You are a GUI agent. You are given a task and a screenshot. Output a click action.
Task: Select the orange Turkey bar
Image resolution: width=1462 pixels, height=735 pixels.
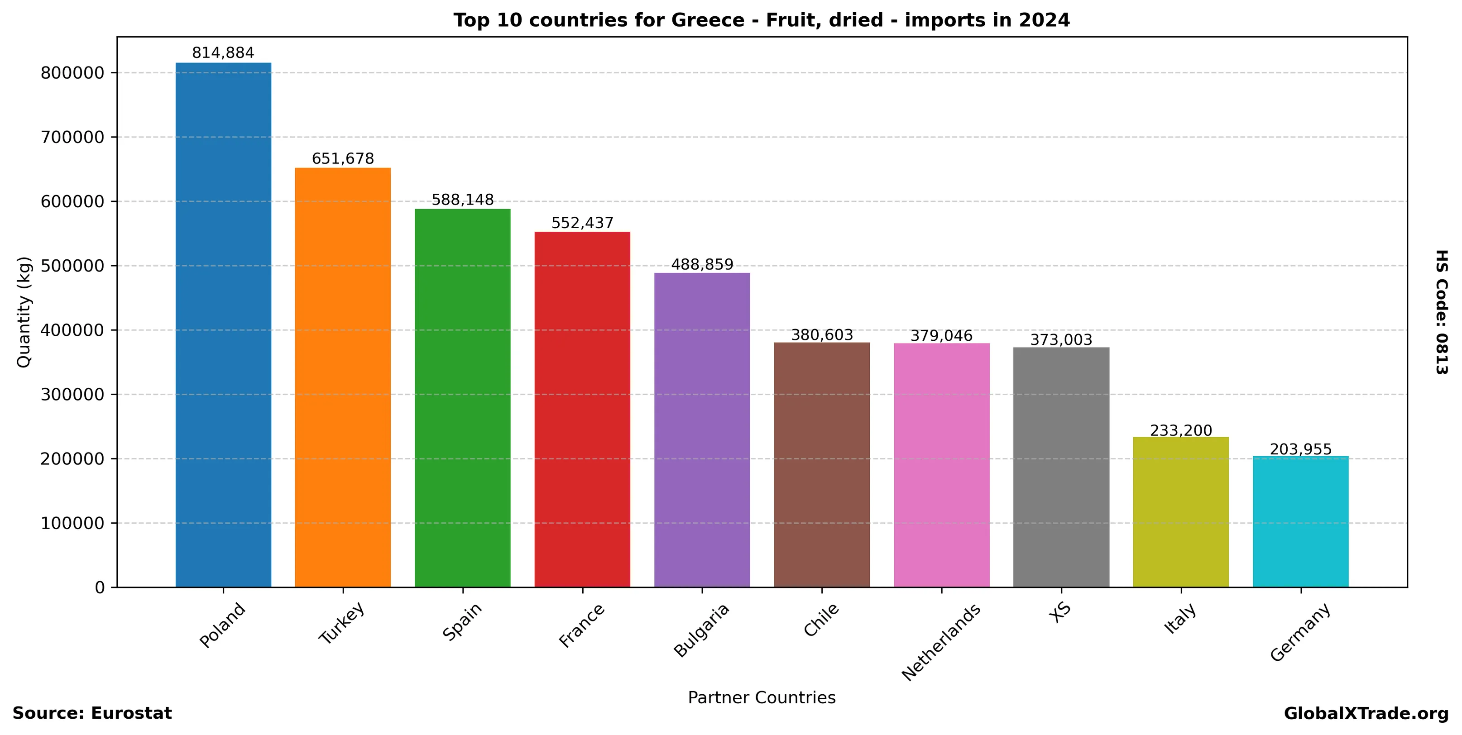point(343,377)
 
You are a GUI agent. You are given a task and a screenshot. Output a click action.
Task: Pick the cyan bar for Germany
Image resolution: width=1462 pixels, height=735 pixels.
point(1300,521)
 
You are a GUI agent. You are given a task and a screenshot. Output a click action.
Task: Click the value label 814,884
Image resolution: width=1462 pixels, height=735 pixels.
point(223,53)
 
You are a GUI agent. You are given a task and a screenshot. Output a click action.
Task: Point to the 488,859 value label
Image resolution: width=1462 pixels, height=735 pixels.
point(702,265)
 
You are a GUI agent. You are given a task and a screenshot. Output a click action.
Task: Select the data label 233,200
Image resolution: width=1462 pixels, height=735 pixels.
point(1181,431)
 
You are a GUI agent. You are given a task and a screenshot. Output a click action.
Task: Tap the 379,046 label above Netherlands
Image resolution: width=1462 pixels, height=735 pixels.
point(942,336)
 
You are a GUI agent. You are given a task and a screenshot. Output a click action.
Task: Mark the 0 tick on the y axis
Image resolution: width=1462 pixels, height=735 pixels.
point(100,587)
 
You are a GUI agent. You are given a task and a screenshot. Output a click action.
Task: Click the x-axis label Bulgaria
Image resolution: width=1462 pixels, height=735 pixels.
point(701,630)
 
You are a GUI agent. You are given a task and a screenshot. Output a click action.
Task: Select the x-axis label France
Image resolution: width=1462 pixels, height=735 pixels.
point(582,625)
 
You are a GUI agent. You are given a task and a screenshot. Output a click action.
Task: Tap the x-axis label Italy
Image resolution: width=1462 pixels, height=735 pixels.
point(1180,618)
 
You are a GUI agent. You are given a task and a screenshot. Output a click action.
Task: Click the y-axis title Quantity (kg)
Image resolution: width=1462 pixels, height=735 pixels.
point(24,312)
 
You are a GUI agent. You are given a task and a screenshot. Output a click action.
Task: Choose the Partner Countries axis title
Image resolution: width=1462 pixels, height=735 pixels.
point(762,697)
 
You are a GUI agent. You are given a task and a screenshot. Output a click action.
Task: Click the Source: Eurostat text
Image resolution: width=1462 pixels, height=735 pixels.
point(92,713)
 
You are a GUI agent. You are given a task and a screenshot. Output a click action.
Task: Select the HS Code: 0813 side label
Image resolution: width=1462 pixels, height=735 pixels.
point(1442,312)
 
